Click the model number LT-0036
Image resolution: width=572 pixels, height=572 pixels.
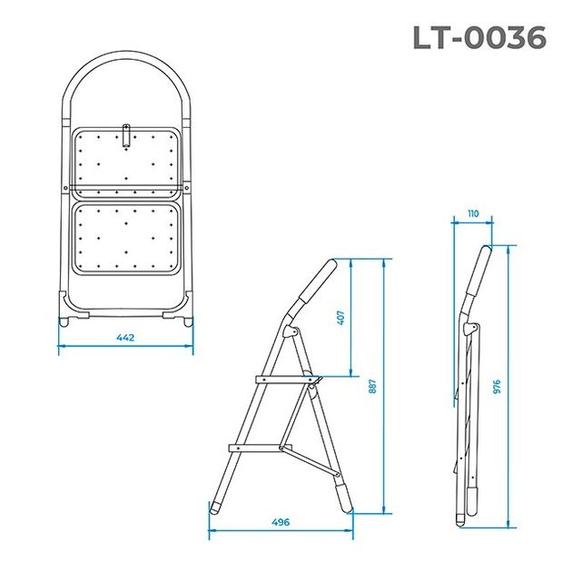pyautogui.click(x=479, y=37)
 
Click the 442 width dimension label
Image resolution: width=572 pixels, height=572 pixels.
pyautogui.click(x=125, y=338)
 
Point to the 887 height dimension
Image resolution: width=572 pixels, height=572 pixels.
pyautogui.click(x=372, y=385)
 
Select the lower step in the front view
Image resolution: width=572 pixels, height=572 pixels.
pyautogui.click(x=126, y=238)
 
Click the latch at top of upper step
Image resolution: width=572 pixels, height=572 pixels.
pyautogui.click(x=127, y=137)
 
